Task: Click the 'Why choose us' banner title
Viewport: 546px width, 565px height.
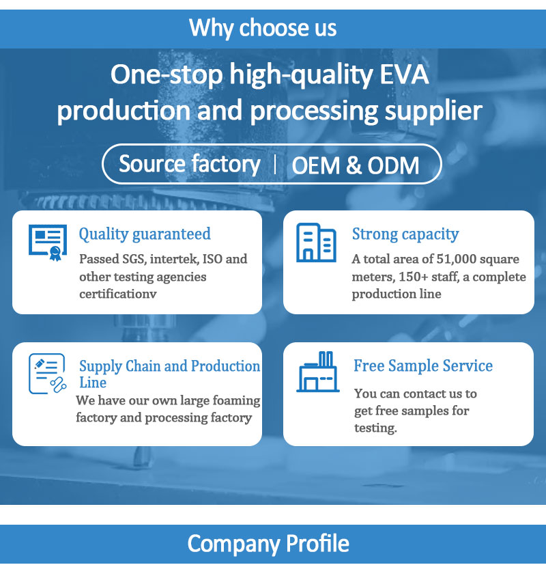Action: coord(263,28)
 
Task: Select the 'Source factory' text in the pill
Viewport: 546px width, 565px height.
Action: coord(189,165)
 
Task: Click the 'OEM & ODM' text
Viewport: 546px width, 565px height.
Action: coord(356,165)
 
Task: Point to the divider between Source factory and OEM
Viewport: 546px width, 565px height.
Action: coord(275,165)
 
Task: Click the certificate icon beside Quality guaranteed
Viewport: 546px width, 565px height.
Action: coord(48,243)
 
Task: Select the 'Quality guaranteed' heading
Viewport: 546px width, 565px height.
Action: coord(145,234)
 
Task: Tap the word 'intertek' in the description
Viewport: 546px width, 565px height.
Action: coord(174,259)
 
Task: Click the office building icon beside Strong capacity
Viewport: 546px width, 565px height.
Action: coord(317,243)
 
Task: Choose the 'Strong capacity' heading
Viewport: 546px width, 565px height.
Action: coord(405,234)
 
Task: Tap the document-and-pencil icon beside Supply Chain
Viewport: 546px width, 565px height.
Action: coord(48,373)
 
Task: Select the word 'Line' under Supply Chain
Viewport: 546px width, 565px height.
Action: coord(93,383)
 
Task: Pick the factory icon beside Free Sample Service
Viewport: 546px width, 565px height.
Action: coord(318,372)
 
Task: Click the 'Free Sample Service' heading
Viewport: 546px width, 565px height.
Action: coord(423,366)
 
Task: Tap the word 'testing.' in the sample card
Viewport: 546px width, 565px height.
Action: coord(375,428)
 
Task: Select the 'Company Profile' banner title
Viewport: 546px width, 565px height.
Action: coord(268,544)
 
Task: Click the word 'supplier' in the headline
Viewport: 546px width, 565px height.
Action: coord(433,111)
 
